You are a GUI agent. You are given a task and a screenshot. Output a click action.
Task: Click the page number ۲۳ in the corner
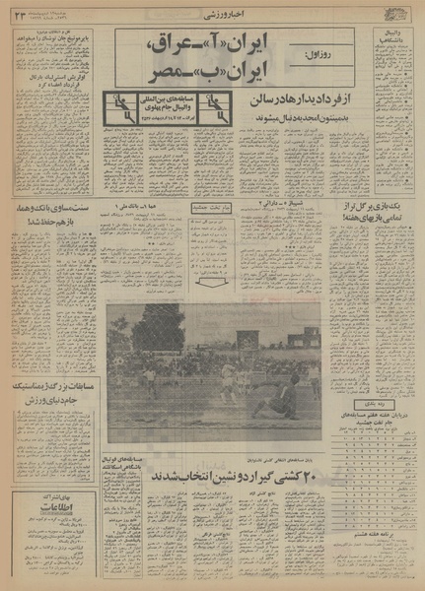(x=21, y=12)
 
